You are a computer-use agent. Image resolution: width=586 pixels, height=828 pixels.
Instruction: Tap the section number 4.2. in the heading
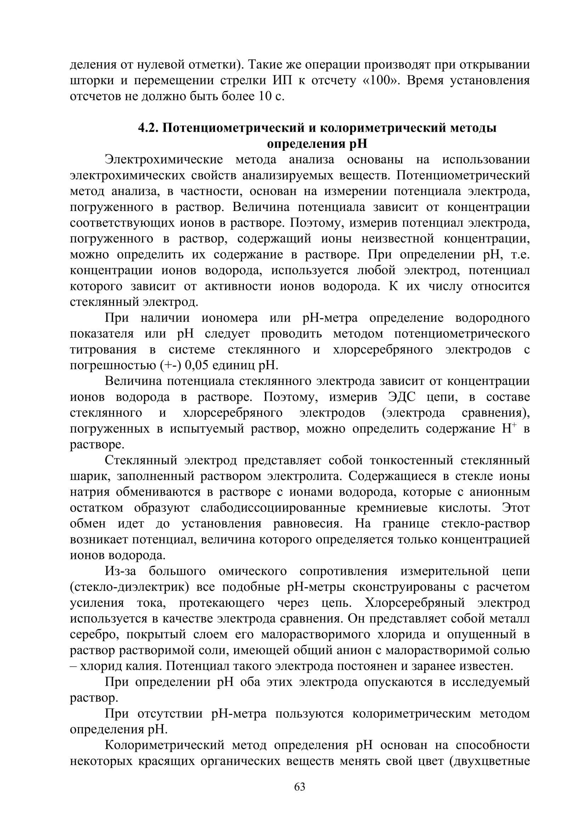tap(148, 128)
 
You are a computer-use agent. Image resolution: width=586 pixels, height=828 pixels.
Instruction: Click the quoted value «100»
tap(380, 80)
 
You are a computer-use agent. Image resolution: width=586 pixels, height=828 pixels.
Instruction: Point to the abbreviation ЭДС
tap(402, 397)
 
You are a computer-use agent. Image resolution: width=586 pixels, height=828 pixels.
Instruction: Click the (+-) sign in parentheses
tap(170, 365)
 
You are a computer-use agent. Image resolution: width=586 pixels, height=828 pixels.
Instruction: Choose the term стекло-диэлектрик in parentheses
tap(129, 587)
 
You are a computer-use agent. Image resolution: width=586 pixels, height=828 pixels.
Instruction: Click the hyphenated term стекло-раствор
tap(485, 524)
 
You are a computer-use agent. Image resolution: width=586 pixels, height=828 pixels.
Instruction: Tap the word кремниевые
tap(391, 508)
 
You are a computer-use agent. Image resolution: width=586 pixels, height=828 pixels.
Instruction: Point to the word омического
tap(253, 571)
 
